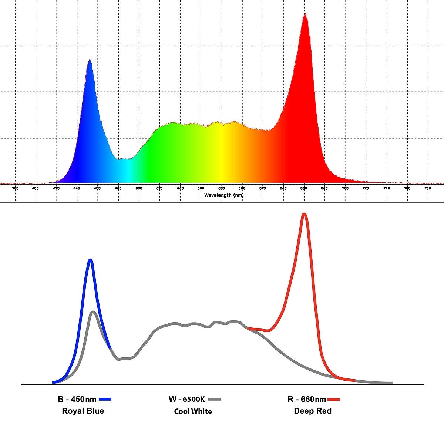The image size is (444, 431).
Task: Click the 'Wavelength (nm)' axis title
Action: (224, 195)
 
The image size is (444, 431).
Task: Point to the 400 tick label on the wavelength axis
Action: (36, 188)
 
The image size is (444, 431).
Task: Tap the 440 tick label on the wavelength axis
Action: (77, 188)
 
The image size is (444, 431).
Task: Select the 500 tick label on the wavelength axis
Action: (139, 188)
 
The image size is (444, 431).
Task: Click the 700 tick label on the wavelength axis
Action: (345, 188)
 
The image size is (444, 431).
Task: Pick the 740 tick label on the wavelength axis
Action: (387, 188)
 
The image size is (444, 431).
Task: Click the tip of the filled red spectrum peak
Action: (305, 14)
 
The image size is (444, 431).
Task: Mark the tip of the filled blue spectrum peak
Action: (90, 59)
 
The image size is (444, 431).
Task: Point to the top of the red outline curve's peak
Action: (304, 214)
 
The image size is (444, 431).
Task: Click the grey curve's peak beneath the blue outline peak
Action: (93, 312)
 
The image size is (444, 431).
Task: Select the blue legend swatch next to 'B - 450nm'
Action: (105, 399)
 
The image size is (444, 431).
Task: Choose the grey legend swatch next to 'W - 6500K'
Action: (214, 399)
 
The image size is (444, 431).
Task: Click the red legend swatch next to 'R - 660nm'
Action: (334, 399)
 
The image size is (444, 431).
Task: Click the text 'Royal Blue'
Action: (83, 411)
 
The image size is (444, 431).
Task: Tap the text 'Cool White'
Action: (193, 411)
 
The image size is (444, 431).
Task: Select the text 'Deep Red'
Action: (313, 411)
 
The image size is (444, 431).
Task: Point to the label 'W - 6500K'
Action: (186, 399)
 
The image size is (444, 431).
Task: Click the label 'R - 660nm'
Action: (307, 399)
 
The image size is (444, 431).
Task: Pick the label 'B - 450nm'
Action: (77, 399)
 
